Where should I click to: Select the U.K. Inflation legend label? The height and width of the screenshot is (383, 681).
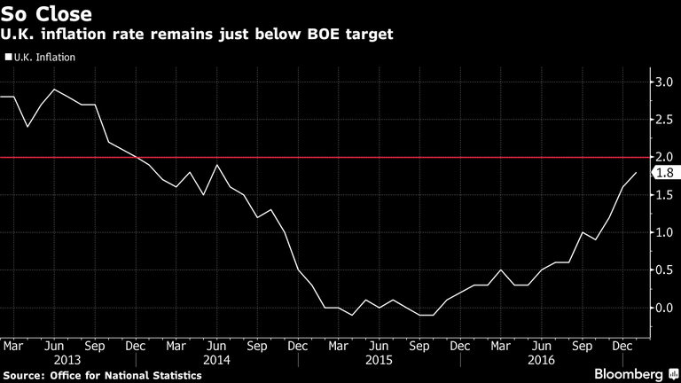(44, 57)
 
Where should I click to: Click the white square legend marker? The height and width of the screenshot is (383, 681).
(8, 57)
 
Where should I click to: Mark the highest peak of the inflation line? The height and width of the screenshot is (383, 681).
(55, 90)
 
